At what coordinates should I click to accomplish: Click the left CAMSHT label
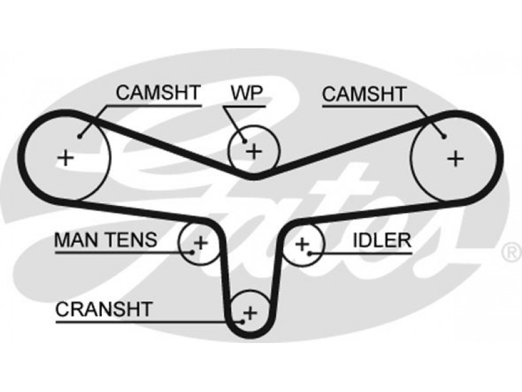coord(158,93)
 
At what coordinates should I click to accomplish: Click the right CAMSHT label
coord(364,93)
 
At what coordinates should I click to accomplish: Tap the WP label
coord(247,93)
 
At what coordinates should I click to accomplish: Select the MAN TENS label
coord(106,240)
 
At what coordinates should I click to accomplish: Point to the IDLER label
coord(382,240)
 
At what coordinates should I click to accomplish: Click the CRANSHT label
coord(104,309)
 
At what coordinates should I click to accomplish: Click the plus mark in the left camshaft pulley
coord(66,157)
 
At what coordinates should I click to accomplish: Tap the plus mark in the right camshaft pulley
coord(455,158)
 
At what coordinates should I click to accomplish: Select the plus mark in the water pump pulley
coord(254,152)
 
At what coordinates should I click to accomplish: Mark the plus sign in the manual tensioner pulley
coord(201,242)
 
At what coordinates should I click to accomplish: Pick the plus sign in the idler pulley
coord(302,244)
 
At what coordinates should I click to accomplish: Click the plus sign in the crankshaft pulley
coord(251,313)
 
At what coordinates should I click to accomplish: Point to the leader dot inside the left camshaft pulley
coord(79,136)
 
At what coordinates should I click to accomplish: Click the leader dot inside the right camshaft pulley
coord(444,136)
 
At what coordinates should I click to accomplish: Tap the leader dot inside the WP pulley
coord(245,141)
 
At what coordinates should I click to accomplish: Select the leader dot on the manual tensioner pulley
coord(192,252)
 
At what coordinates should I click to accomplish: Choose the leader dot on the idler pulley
coord(309,253)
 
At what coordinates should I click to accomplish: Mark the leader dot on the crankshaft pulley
coord(242,322)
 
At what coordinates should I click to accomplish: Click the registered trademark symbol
coord(511,252)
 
